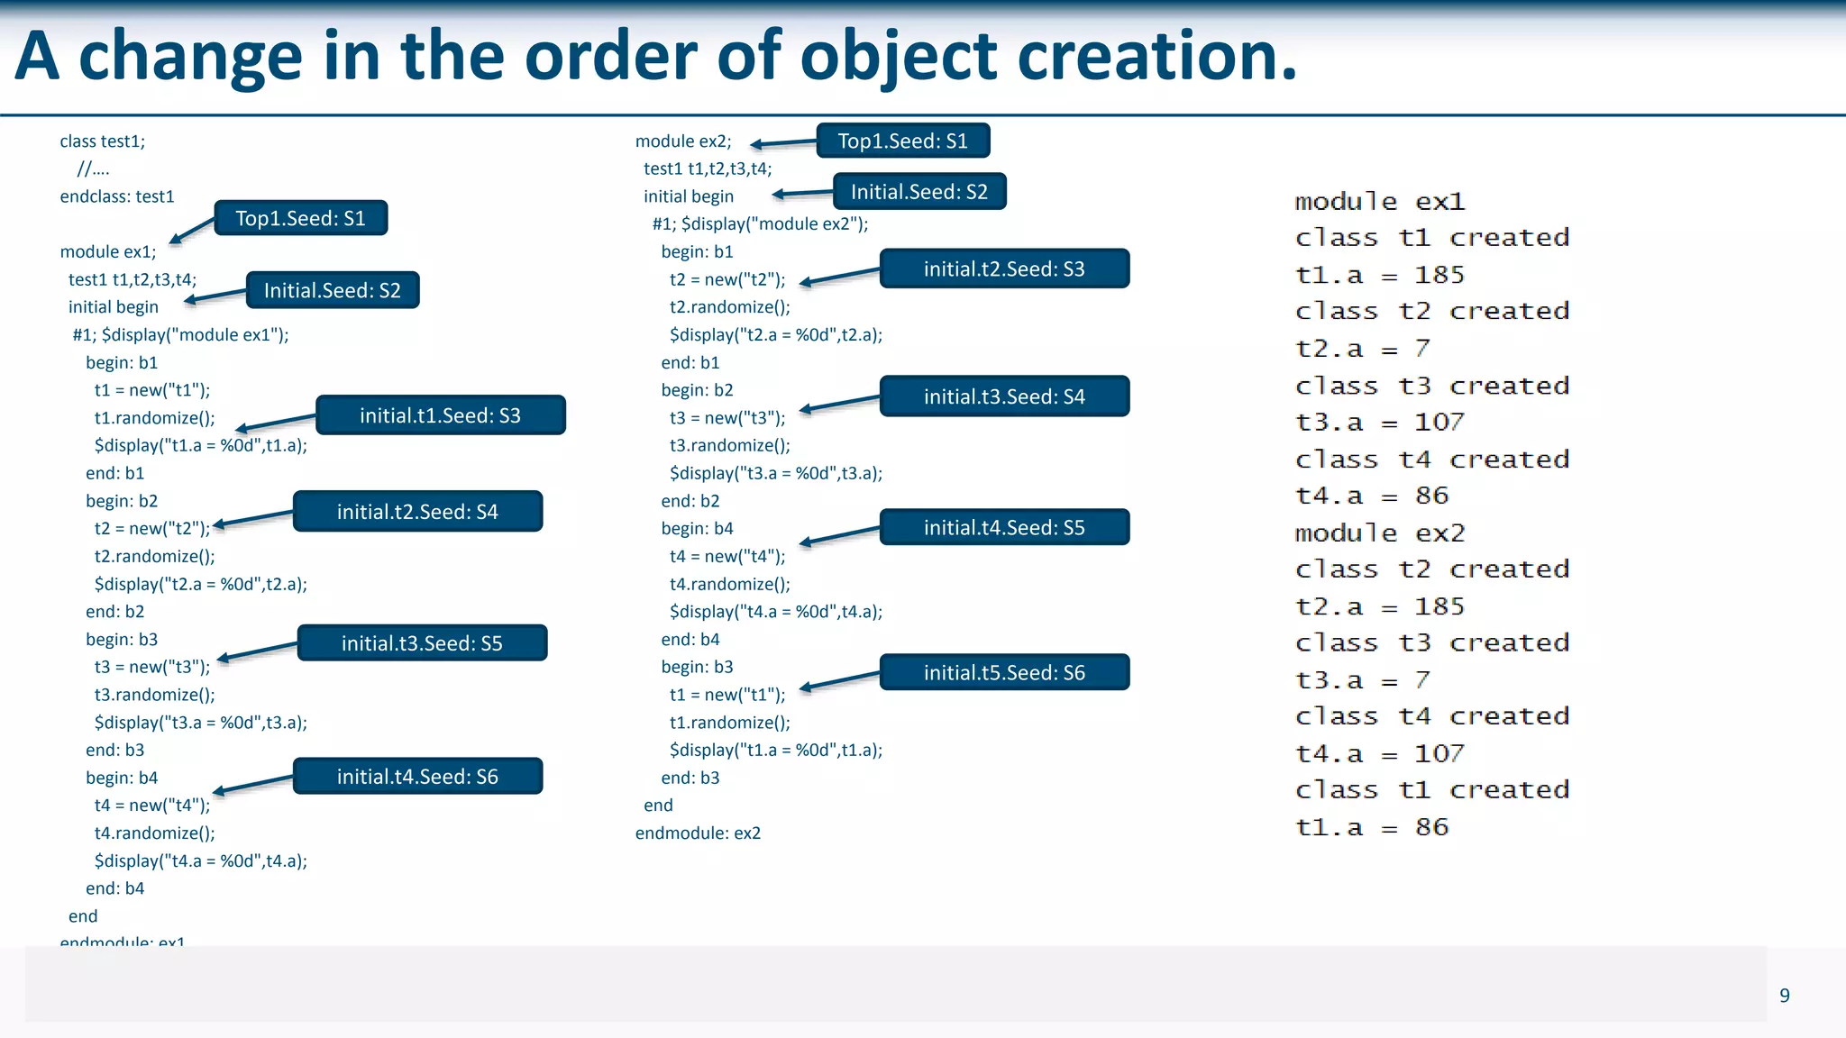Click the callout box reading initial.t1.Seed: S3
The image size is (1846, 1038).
click(440, 415)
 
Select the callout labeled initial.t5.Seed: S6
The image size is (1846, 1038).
click(1004, 672)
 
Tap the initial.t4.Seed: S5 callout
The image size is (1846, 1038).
click(1004, 527)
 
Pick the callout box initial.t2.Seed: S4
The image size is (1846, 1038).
click(417, 512)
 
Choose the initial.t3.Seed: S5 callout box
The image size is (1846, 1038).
click(422, 643)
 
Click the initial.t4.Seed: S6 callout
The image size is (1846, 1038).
click(417, 777)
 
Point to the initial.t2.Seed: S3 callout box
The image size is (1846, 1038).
click(1004, 269)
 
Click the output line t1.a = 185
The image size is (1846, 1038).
click(1379, 275)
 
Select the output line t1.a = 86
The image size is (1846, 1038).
click(1371, 827)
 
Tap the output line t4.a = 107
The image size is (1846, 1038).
click(1379, 753)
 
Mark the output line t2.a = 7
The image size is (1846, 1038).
click(1362, 349)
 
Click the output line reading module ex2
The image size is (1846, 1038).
click(1379, 533)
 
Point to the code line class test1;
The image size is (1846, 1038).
click(102, 141)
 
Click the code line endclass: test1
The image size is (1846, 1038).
click(117, 196)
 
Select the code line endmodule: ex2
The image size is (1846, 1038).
click(698, 833)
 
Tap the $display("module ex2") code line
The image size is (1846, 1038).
click(760, 224)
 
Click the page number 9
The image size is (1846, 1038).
click(1784, 996)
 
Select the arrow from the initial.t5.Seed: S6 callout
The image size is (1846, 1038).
click(839, 681)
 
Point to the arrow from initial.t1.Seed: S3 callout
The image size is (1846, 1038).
click(276, 423)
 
